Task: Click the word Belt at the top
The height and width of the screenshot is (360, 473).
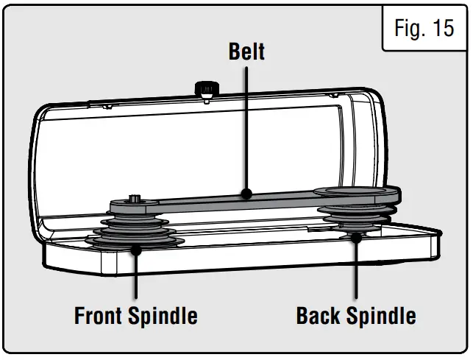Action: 246,52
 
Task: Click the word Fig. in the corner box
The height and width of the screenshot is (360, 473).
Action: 409,29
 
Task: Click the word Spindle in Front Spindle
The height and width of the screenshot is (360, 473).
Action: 164,317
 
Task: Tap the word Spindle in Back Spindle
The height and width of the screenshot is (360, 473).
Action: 383,317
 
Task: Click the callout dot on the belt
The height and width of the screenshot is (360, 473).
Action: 246,194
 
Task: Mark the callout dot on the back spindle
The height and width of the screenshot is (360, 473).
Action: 356,237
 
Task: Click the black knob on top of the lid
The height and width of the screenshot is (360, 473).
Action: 206,89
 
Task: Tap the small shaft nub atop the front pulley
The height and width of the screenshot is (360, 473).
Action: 135,197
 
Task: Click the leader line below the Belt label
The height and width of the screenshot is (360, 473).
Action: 246,125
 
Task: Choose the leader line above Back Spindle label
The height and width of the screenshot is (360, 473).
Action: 356,272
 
